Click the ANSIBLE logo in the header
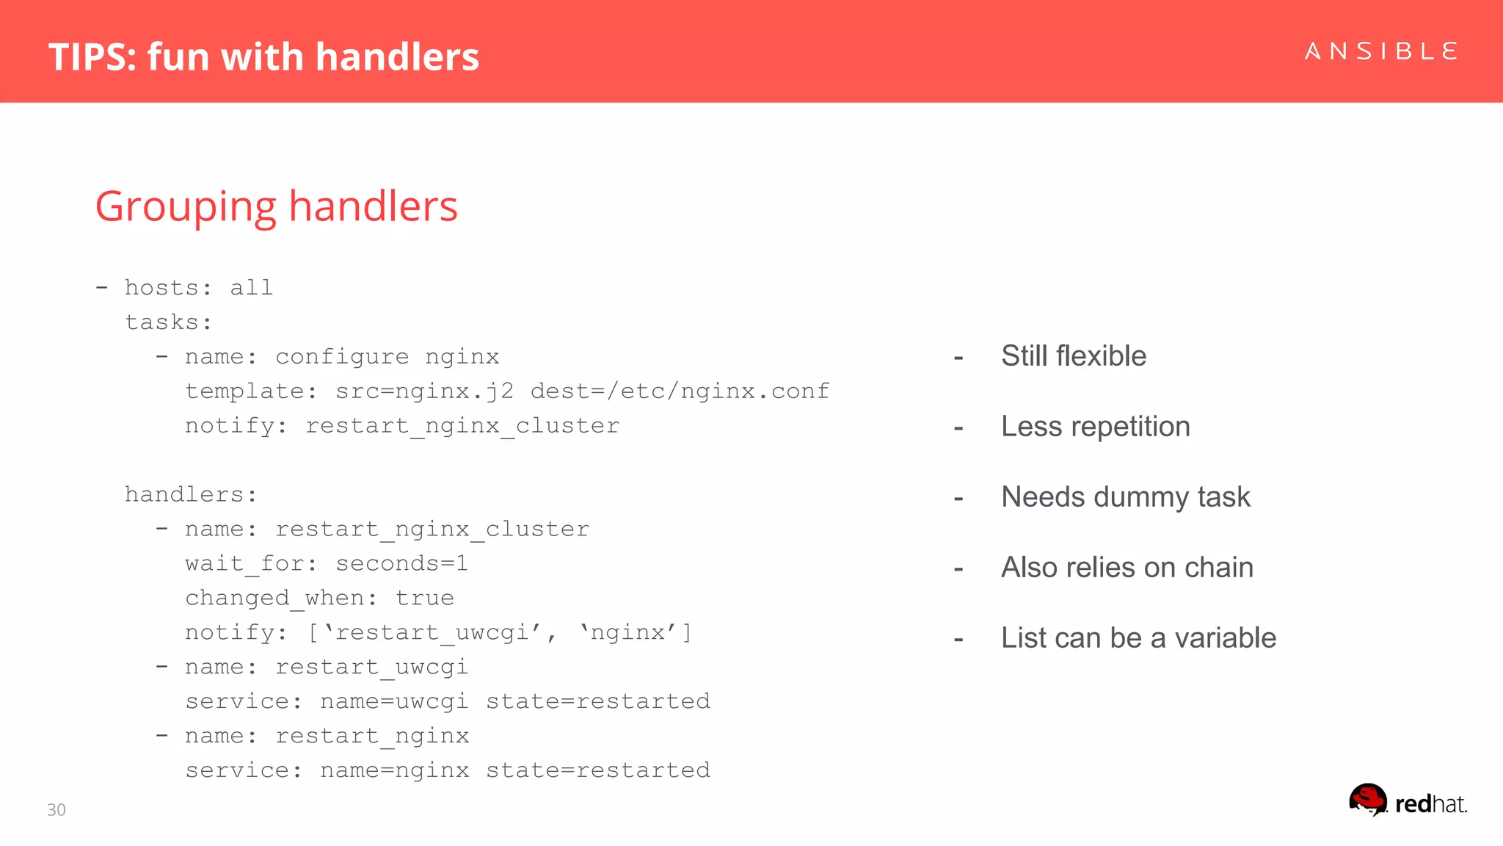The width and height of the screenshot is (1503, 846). coord(1380,51)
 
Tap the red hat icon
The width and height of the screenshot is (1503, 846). coord(1368,799)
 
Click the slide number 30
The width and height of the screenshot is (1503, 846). coord(57,809)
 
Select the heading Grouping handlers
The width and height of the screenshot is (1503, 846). coord(276,206)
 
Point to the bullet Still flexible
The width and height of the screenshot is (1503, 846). coord(1073,356)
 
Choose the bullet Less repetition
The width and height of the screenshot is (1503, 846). coord(1095,427)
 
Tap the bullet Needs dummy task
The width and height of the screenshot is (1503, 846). coord(1125,497)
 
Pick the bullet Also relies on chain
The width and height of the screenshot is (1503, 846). coord(1127,568)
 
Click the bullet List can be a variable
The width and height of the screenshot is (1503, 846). coord(1138,638)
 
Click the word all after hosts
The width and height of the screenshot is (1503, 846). coord(251,288)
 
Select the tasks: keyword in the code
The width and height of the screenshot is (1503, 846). coord(168,322)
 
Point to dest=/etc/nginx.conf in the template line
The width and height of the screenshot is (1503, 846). coord(680,391)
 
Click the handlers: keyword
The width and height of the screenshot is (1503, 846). coord(191,495)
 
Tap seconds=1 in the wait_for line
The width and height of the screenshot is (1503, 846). coord(401,564)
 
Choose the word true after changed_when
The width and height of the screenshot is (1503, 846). coord(424,599)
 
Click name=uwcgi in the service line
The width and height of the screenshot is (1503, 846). coord(394,702)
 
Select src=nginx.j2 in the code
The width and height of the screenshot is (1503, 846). coord(424,391)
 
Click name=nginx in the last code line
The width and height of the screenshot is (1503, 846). coord(394,771)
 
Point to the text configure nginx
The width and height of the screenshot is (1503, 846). coord(387,358)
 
